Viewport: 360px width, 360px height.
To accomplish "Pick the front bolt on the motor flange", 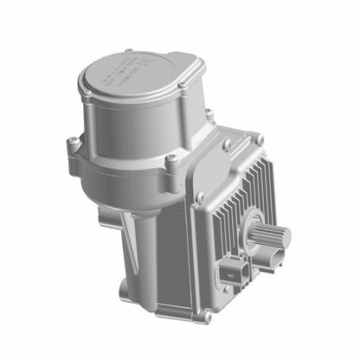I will tap(170, 158).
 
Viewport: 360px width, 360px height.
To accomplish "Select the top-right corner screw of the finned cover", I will tap(258, 138).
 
